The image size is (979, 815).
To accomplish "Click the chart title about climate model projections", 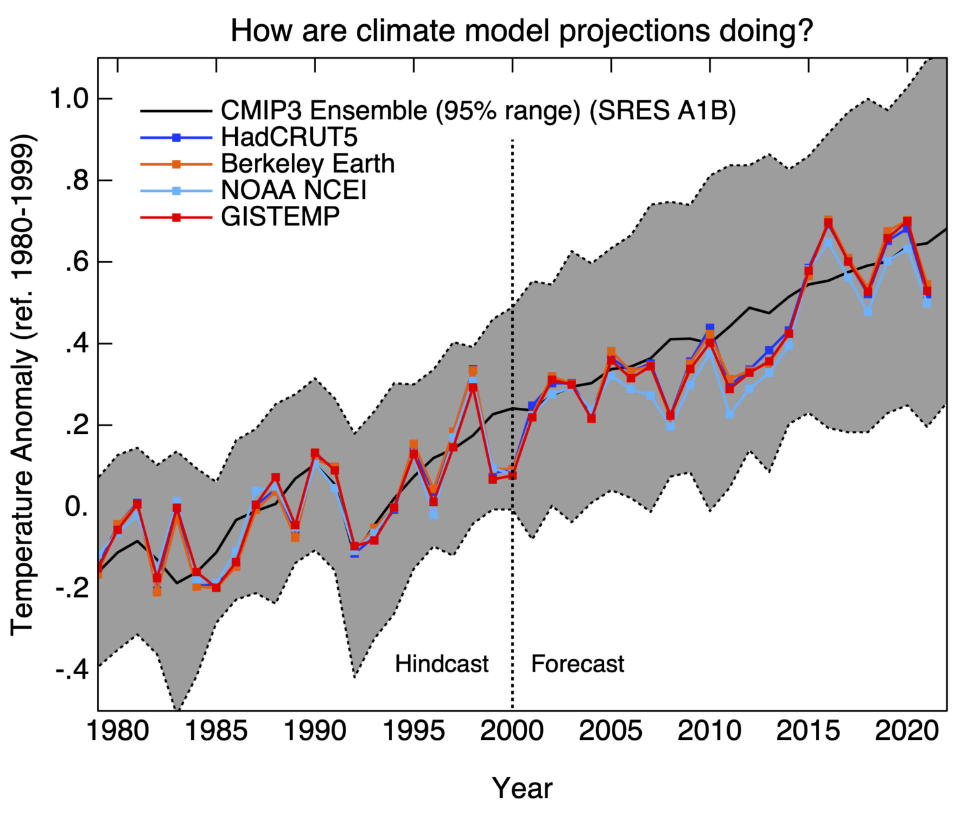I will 522,30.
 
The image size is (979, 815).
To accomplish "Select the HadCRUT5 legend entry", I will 289,137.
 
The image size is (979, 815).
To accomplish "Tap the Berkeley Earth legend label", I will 307,164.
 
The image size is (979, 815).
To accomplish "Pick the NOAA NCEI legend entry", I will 293,190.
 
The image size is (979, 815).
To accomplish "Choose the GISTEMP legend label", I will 280,217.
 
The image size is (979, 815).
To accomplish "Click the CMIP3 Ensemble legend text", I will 478,110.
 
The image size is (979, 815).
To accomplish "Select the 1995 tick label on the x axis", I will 414,731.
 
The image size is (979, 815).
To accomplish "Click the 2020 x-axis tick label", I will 906,731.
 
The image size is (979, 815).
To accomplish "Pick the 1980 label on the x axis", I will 118,731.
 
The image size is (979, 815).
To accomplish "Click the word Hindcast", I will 442,664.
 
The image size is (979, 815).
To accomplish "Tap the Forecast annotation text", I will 577,664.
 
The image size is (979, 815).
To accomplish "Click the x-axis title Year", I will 522,788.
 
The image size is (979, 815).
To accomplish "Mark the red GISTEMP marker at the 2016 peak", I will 828,223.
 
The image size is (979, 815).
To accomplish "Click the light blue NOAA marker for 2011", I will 730,414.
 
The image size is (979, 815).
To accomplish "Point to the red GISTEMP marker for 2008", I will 671,415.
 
